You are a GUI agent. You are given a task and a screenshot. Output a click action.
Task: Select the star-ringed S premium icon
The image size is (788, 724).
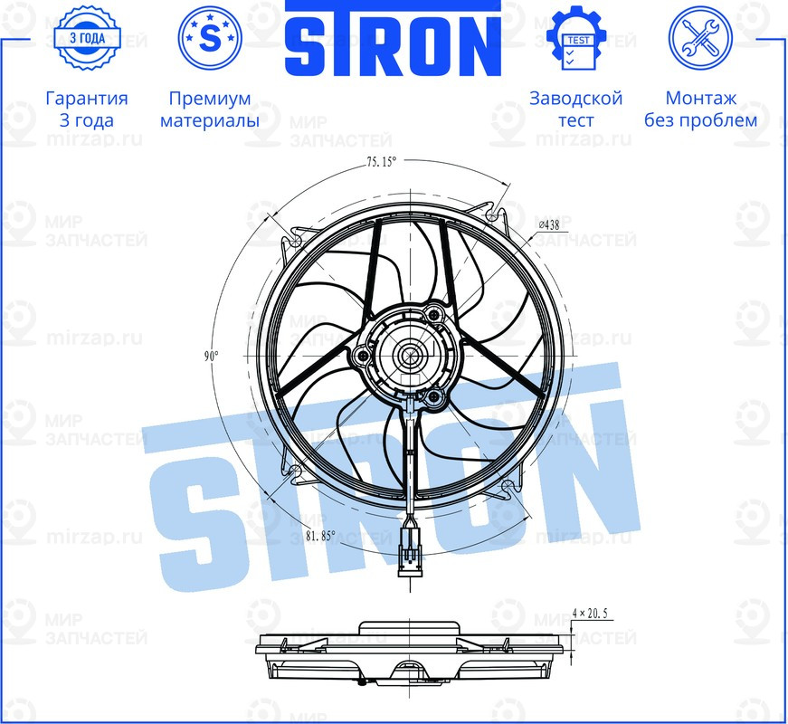(x=209, y=39)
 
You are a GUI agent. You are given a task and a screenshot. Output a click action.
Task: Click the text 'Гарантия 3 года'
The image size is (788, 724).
(x=86, y=109)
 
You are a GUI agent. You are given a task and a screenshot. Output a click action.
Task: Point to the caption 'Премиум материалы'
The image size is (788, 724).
(x=209, y=109)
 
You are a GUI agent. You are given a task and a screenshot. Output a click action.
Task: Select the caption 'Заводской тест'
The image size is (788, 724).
(x=575, y=109)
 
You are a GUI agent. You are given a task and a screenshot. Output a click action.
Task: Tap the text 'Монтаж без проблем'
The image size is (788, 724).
(x=700, y=109)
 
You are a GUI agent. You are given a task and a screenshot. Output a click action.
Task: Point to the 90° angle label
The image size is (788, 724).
(x=211, y=357)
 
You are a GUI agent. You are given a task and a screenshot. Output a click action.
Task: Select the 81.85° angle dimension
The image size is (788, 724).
(x=320, y=535)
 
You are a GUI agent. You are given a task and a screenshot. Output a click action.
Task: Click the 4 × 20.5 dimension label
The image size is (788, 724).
(x=593, y=614)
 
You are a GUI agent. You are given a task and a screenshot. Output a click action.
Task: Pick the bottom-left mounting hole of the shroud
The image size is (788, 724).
(x=293, y=470)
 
